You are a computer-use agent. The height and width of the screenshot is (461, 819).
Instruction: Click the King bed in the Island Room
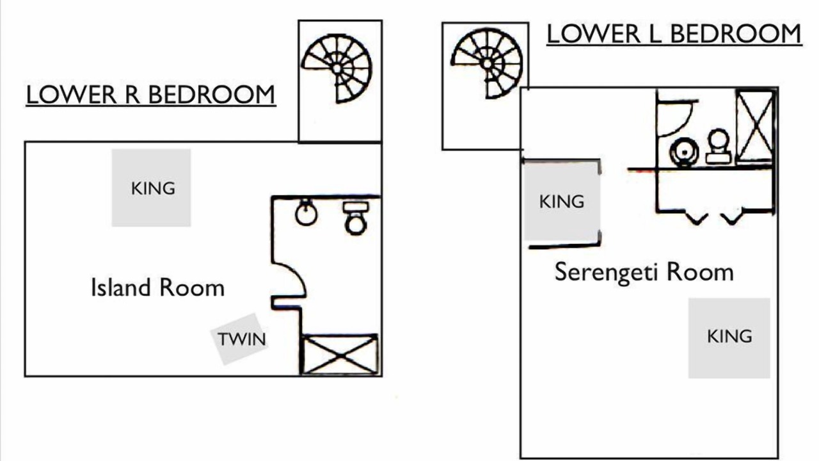(x=152, y=188)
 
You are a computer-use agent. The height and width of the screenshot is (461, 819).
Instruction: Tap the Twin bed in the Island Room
(x=240, y=339)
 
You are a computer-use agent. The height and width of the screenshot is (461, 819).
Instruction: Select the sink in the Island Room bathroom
(x=306, y=213)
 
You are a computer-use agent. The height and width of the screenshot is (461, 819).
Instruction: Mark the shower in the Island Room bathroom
(x=339, y=354)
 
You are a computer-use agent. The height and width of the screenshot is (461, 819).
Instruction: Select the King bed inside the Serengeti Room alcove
(x=561, y=201)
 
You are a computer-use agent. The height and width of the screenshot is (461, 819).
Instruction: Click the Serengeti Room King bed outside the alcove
(x=729, y=337)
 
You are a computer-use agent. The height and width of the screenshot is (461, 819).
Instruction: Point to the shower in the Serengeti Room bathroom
(x=755, y=125)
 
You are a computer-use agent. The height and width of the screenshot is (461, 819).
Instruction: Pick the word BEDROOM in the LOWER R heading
(x=212, y=95)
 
